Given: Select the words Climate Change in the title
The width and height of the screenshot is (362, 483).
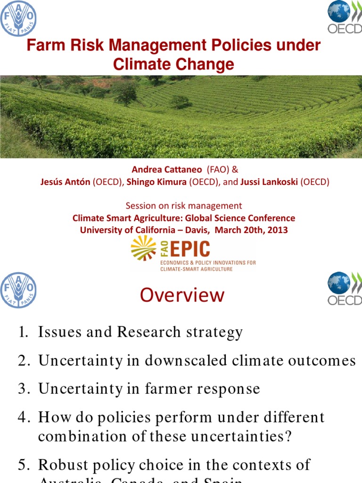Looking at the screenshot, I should tap(173, 64).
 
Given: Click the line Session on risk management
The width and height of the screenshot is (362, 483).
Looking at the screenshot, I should tap(183, 206).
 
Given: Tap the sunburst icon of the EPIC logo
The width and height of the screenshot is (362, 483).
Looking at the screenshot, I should tap(143, 248).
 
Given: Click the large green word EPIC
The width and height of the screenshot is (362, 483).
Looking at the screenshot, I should tap(185, 249).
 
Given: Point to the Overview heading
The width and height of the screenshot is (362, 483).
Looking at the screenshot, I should tap(182, 295).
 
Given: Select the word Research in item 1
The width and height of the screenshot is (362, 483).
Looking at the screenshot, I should tap(148, 333).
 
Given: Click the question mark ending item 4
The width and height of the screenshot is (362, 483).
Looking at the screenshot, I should tap(288, 436).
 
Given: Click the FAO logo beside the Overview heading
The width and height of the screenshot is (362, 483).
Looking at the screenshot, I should tap(18, 290).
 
